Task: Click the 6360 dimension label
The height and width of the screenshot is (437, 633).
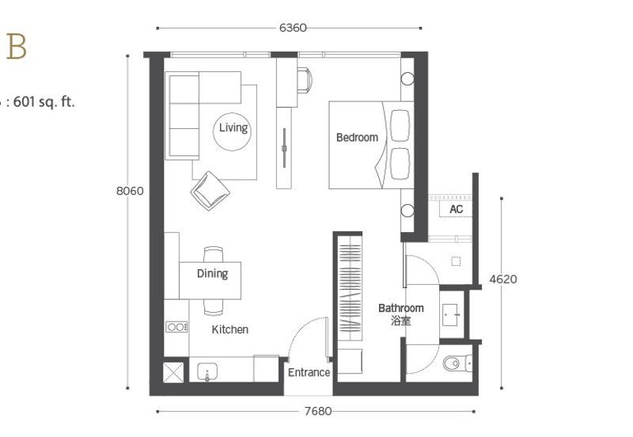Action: pos(293,28)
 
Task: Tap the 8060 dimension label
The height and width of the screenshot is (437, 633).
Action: pos(130,191)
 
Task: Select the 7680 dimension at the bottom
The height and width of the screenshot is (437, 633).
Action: pos(318,411)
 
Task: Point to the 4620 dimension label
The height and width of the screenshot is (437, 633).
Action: pos(503,279)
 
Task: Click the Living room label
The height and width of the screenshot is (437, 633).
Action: pos(233,127)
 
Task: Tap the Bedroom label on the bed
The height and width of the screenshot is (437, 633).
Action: pos(358,137)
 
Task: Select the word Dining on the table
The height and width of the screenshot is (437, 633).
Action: pos(212,274)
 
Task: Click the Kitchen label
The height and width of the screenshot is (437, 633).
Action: pos(230,329)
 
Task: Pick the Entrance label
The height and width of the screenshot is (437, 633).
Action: pos(309,372)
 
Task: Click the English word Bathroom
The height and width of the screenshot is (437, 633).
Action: pos(401,308)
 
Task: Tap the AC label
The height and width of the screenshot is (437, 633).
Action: pos(457,209)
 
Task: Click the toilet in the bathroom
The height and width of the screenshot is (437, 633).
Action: pos(457,363)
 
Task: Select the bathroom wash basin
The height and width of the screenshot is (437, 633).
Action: pos(450,315)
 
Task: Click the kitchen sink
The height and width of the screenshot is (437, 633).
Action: pos(207,371)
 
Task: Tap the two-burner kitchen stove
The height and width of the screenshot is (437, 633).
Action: pos(176,327)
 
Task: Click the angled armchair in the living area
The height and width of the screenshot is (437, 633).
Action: pos(210,190)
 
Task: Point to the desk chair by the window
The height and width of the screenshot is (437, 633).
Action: pos(305,80)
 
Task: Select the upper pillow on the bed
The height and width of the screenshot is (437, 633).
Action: pos(400,125)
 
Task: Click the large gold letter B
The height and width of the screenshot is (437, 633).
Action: pos(17,47)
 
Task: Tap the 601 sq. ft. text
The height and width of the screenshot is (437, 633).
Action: pos(44,102)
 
